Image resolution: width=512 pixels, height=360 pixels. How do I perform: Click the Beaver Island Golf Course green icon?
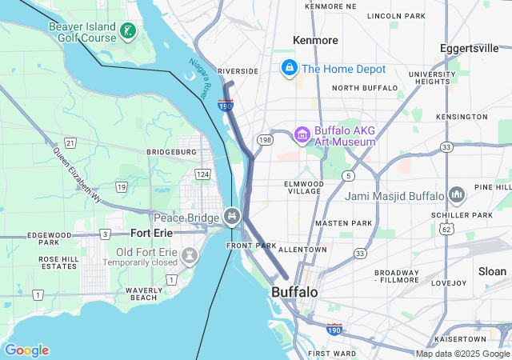point(127,32)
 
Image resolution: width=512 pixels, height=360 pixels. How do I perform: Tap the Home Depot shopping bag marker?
point(289,69)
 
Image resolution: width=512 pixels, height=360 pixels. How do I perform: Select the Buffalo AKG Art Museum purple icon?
point(302,135)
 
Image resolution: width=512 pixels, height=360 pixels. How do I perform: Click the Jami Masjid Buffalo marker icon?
point(457,195)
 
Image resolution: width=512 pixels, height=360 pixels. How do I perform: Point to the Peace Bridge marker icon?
point(231,216)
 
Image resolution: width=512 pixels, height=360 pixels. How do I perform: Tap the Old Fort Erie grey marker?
point(190,256)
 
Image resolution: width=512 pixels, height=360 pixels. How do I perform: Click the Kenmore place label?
point(315,40)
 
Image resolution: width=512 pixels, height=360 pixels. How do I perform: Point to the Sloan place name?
point(492,271)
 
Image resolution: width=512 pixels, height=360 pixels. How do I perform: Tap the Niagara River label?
point(199,73)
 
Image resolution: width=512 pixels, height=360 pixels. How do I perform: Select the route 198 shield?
point(266,140)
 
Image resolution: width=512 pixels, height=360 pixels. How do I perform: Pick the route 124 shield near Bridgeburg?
point(202,174)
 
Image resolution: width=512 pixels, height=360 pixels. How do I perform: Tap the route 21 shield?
point(70,142)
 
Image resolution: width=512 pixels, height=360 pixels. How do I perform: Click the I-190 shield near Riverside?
point(225,104)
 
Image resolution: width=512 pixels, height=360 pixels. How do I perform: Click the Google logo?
point(26,350)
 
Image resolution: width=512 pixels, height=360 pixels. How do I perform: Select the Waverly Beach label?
point(144,294)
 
